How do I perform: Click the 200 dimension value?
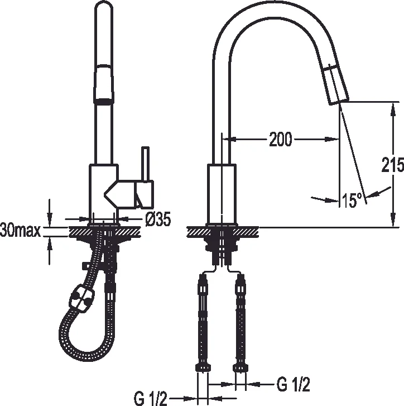(x=280, y=138)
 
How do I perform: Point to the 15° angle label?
(x=352, y=200)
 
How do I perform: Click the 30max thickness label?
(x=21, y=230)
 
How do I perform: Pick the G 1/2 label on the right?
(x=293, y=384)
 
